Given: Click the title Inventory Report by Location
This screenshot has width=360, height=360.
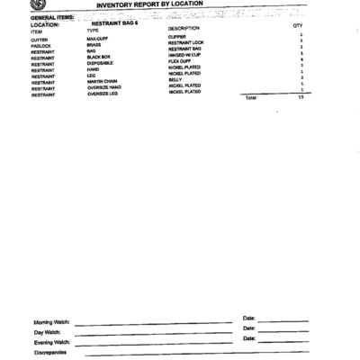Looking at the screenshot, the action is point(149,4).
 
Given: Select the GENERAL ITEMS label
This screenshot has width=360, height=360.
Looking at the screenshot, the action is point(52,16).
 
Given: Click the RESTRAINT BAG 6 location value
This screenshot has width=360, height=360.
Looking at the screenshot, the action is point(114,22).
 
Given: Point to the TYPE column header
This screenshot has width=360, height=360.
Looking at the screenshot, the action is point(93,31).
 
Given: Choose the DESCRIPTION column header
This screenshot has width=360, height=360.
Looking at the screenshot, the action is point(184,29).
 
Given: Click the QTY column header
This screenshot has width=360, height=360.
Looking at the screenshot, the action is point(298,26).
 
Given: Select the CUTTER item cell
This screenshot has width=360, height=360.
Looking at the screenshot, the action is point(39,40).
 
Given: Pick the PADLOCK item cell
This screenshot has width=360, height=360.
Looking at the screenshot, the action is point(41,46).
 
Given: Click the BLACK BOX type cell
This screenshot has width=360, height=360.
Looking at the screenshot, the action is point(98,58).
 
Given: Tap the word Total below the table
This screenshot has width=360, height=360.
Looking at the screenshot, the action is point(251,97).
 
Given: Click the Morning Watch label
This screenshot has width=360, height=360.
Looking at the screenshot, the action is point(51,322).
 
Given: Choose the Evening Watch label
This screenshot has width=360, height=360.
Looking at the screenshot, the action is point(51,342).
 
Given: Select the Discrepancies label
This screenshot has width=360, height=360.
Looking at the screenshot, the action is point(49,353).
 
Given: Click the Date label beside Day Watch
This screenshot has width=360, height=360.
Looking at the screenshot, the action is point(249,328).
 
